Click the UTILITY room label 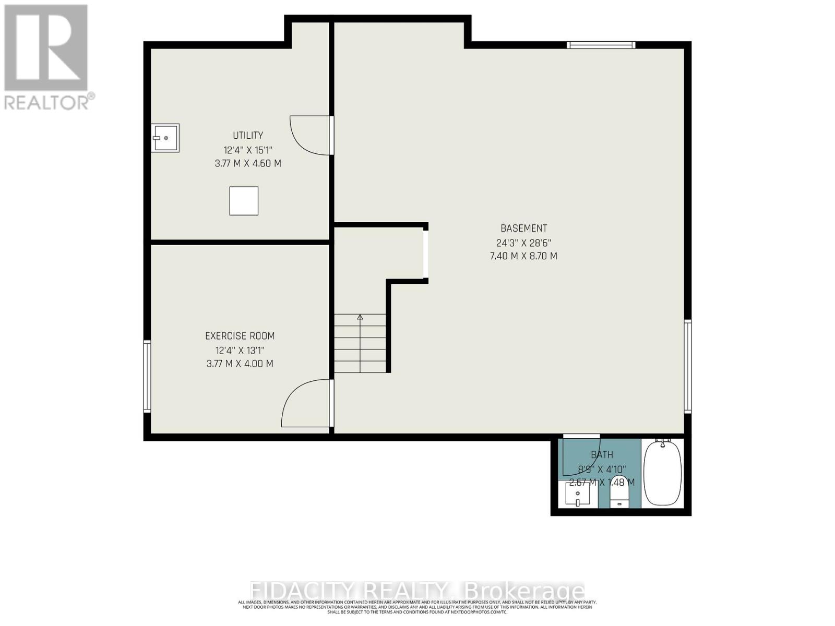tap(248, 136)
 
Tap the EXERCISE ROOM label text tap(240, 336)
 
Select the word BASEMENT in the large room tap(523, 228)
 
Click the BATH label tap(602, 455)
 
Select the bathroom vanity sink tap(578, 494)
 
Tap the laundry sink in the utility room tap(166, 138)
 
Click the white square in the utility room tap(244, 201)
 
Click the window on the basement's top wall tap(601, 45)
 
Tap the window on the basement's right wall tap(688, 367)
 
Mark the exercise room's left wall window tap(147, 376)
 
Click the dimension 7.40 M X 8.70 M tap(523, 256)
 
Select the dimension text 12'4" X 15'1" tap(248, 150)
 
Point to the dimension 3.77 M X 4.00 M tap(240, 364)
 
